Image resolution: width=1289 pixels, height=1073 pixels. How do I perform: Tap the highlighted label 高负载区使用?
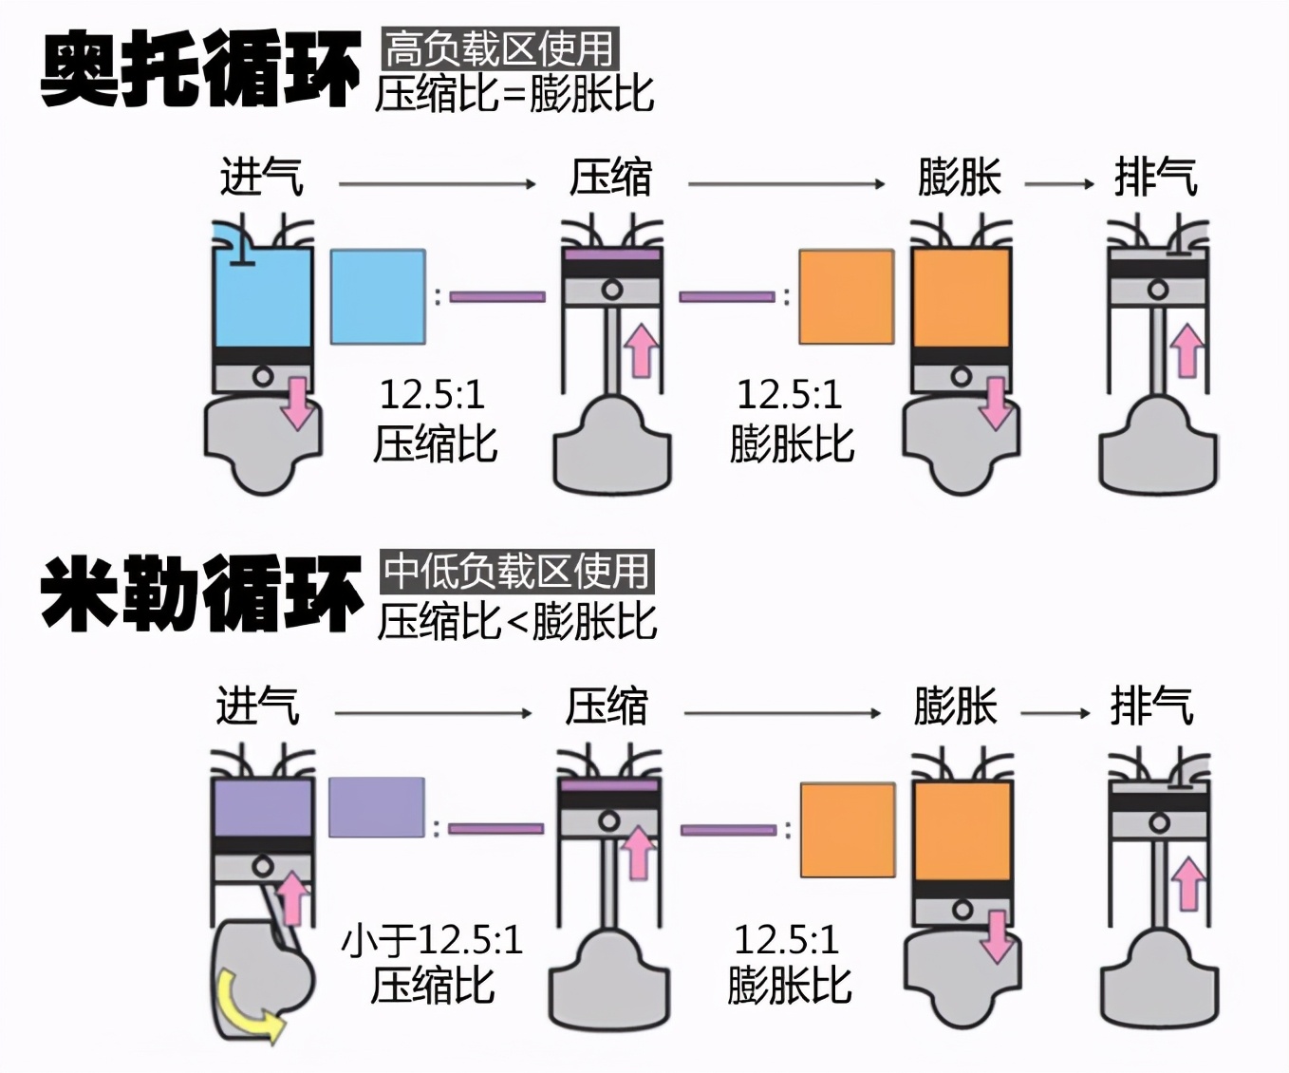tap(500, 48)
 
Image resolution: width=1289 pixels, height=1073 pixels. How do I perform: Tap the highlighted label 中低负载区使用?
tap(517, 572)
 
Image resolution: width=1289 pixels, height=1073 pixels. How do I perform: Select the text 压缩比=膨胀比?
tap(514, 94)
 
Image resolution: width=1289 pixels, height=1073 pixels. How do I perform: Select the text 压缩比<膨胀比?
tap(517, 621)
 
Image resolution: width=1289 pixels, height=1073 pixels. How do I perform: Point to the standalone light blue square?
tap(377, 296)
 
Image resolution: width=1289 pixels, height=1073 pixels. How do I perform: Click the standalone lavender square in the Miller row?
tap(377, 807)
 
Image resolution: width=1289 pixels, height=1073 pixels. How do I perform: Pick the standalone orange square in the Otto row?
tap(846, 296)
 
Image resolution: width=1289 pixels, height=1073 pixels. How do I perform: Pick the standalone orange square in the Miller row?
tap(848, 830)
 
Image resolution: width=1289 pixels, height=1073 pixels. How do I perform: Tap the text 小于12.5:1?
tap(432, 940)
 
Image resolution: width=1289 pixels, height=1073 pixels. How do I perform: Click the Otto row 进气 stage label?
tap(261, 178)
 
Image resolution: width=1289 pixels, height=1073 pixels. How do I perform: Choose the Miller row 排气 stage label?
tap(1151, 707)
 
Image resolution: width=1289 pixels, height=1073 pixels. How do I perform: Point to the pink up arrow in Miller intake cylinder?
tap(293, 898)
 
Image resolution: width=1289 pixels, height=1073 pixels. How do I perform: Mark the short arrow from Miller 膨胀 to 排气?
tap(1055, 713)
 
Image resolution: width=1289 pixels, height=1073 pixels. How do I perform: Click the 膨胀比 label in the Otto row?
tap(792, 444)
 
